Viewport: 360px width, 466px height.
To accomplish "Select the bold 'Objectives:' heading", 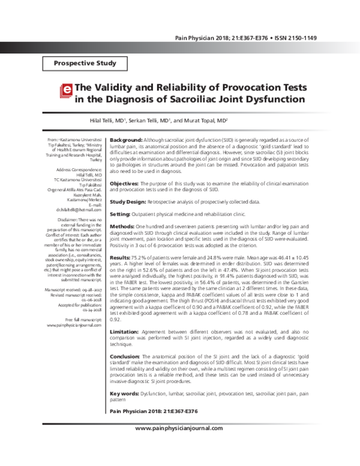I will [125, 182].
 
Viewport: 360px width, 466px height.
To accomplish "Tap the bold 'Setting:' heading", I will [120, 214].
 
